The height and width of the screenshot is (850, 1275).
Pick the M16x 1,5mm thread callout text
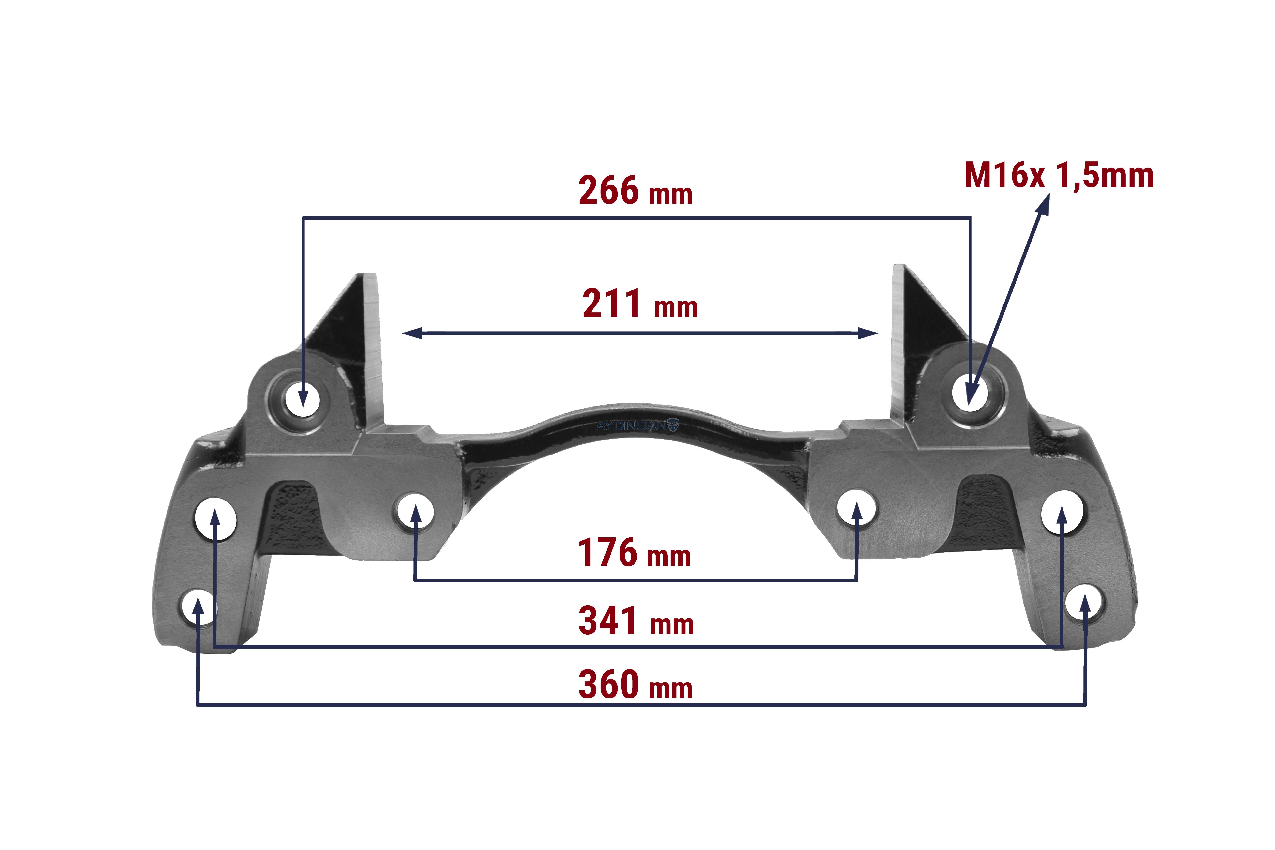(1059, 176)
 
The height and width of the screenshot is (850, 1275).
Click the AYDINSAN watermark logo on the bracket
(637, 425)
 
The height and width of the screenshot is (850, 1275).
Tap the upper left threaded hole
(304, 400)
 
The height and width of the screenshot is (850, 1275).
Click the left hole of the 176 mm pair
(416, 511)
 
